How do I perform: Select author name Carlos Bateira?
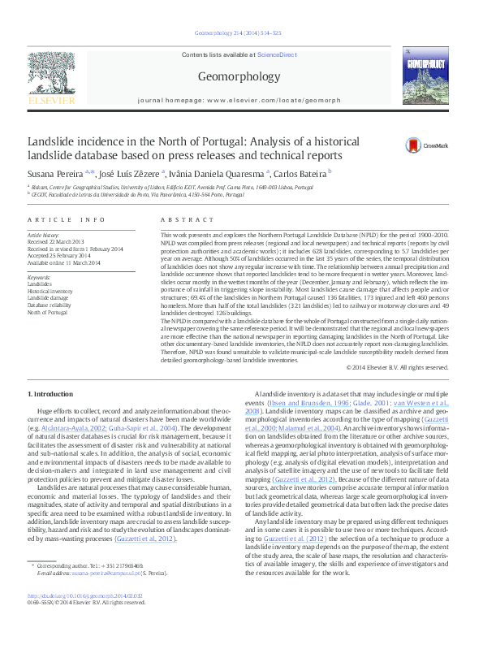pyautogui.click(x=300, y=173)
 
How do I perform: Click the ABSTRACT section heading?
pyautogui.click(x=176, y=220)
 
